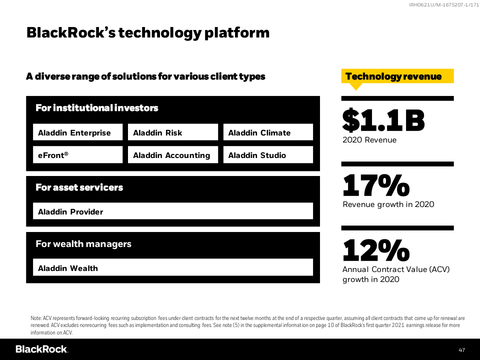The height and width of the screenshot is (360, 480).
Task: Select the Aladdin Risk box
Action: coord(173,132)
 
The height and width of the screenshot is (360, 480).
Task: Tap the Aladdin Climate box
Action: coord(268,132)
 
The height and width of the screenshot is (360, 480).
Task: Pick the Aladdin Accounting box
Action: coord(173,155)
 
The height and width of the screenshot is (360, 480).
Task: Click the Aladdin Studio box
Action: coord(268,155)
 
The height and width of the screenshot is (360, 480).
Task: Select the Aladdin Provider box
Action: coord(173,211)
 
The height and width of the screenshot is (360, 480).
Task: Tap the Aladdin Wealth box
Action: coord(173,268)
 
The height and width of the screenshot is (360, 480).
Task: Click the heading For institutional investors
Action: coord(97,108)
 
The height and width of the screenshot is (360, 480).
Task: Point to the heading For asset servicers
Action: coord(79,187)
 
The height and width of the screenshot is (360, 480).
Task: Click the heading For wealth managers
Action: coord(83,244)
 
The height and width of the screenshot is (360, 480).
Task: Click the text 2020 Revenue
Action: coord(369,140)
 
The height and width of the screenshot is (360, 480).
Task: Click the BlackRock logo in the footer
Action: coord(41,349)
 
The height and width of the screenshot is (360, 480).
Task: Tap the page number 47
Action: coord(461,349)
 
